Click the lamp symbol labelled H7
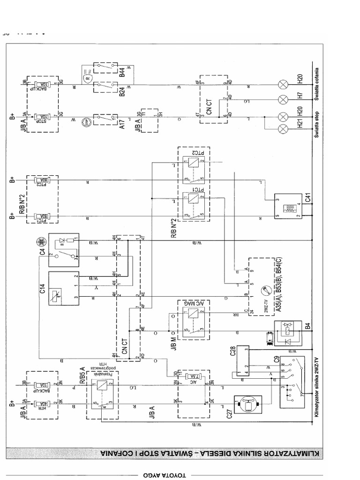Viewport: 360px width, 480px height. point(283,99)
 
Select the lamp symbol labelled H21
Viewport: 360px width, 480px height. point(283,129)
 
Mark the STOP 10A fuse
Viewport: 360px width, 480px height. point(43,117)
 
